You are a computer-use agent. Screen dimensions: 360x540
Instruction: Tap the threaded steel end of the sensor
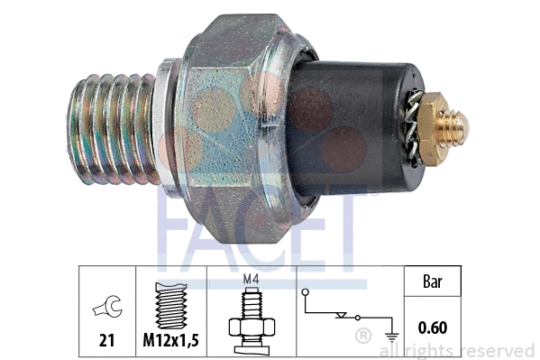[x=108, y=129]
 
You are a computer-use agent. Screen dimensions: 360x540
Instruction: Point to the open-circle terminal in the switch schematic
[x=306, y=293]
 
